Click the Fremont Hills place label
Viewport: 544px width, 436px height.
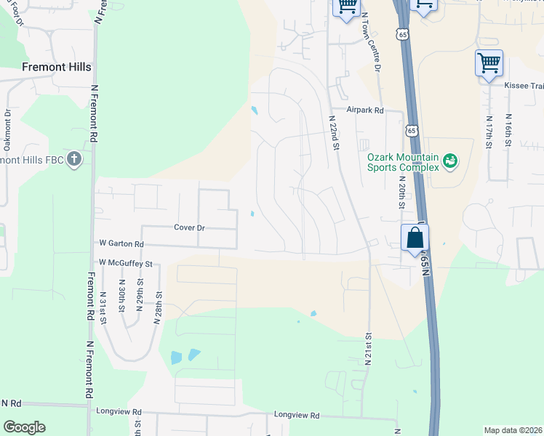57,67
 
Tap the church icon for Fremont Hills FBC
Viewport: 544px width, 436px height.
74,159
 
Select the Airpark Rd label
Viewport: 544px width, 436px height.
364,110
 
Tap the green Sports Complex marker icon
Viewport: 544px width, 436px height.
450,160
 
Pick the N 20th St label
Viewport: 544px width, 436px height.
401,190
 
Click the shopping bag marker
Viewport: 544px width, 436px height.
414,238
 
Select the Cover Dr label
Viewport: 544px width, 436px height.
189,227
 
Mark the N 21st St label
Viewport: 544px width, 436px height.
369,349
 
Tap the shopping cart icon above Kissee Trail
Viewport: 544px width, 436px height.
489,62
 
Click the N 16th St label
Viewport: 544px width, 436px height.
508,131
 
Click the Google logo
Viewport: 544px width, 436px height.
24,427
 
